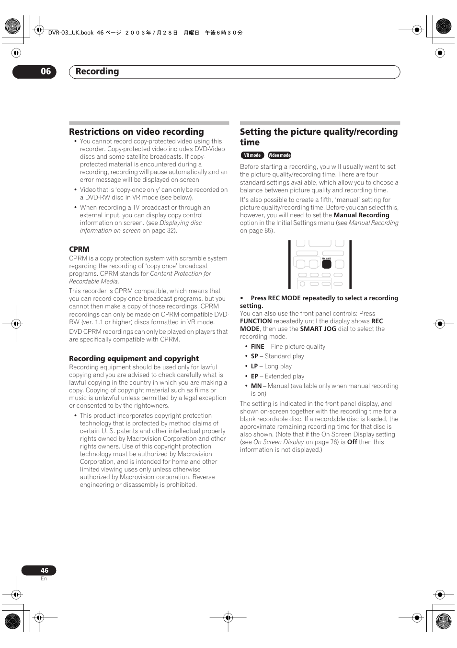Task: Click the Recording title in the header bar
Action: pos(97,71)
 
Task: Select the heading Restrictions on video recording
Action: pos(137,132)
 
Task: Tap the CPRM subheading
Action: pos(79,249)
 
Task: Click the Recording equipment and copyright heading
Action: pos(134,359)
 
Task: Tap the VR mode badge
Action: pos(252,155)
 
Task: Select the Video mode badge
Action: pos(280,155)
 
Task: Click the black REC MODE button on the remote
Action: pos(327,264)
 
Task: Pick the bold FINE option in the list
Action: pos(257,347)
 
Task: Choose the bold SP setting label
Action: pos(254,356)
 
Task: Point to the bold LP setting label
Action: pos(254,366)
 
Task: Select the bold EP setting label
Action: pos(254,377)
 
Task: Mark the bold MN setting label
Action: pos(256,386)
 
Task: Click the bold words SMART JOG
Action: pos(318,329)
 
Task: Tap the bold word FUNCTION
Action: pos(256,321)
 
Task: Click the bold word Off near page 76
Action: pos(352,442)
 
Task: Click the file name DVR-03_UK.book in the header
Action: pos(71,33)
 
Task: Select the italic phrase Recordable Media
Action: pos(93,282)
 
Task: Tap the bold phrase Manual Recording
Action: pos(361,215)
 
